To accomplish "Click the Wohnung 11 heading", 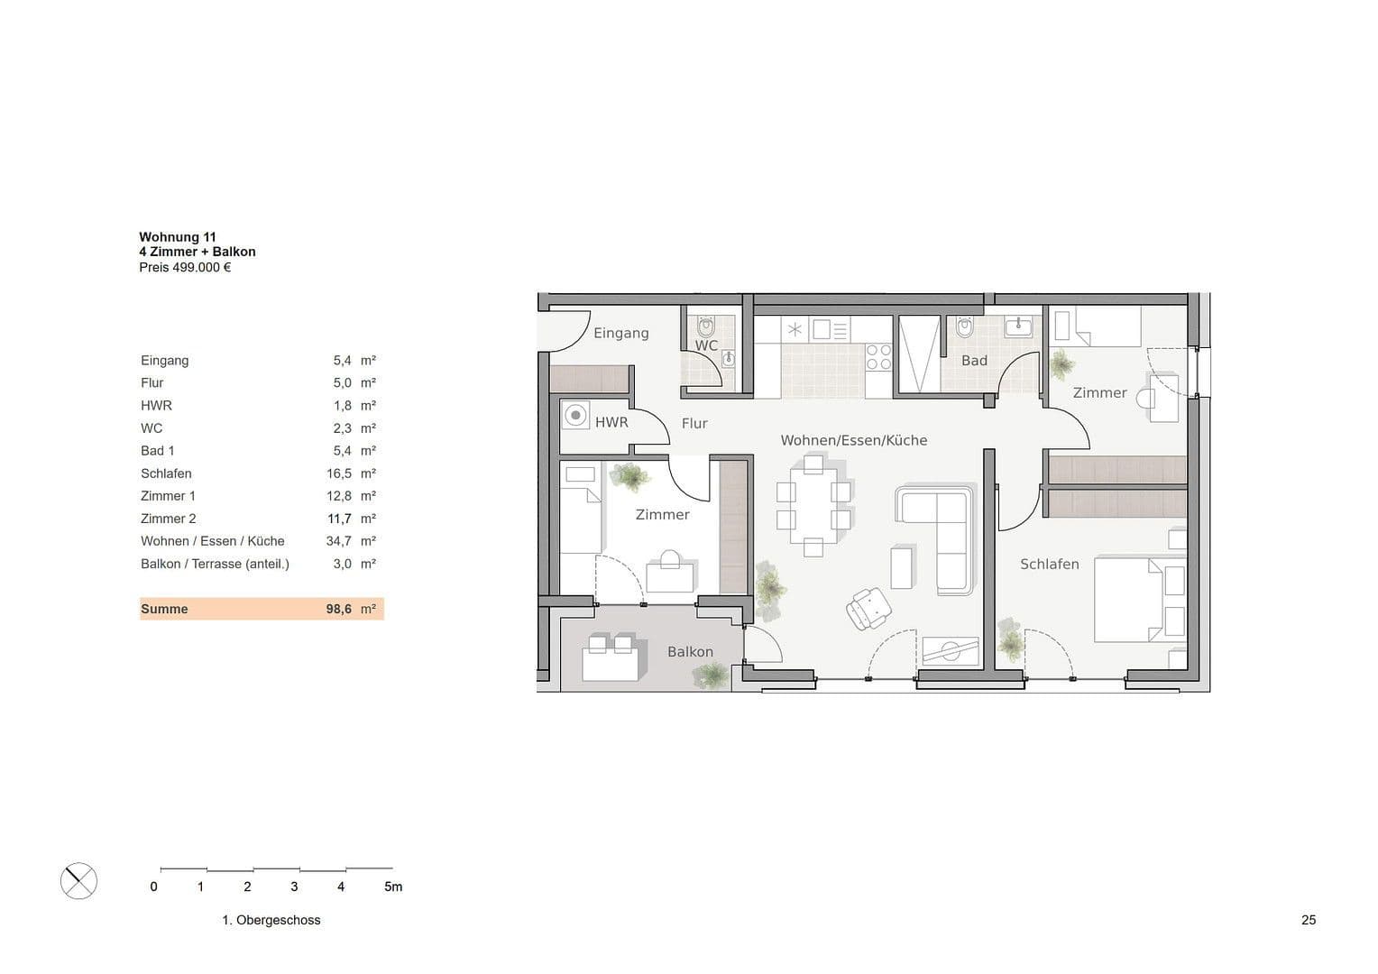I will pos(178,237).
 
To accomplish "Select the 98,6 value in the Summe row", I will pos(338,609).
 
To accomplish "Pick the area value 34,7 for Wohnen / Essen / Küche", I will pos(338,541).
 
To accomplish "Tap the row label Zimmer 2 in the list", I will pos(168,519).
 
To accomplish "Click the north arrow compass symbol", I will pos(78,881).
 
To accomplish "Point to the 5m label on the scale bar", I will pos(393,887).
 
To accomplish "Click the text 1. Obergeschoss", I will pos(271,920).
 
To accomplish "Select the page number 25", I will pos(1309,920).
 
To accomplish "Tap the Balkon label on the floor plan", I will pos(690,651).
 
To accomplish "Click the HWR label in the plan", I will pos(611,421).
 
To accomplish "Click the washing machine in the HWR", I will pos(575,417).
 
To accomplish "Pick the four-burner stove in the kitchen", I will pos(878,357).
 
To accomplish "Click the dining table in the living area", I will pos(813,506).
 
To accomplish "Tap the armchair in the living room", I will pos(869,608).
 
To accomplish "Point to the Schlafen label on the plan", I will pos(1049,564).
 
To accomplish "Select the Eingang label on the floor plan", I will pos(620,333).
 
